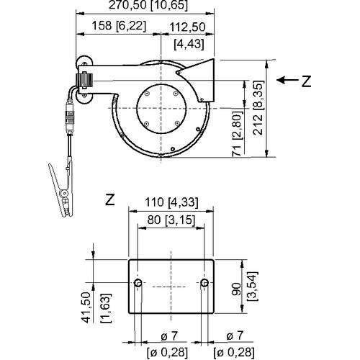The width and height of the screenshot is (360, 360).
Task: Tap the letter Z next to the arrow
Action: pos(306,82)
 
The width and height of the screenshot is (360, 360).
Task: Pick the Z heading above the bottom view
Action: pos(110,197)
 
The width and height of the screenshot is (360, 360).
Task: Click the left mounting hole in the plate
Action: pos(138,283)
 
